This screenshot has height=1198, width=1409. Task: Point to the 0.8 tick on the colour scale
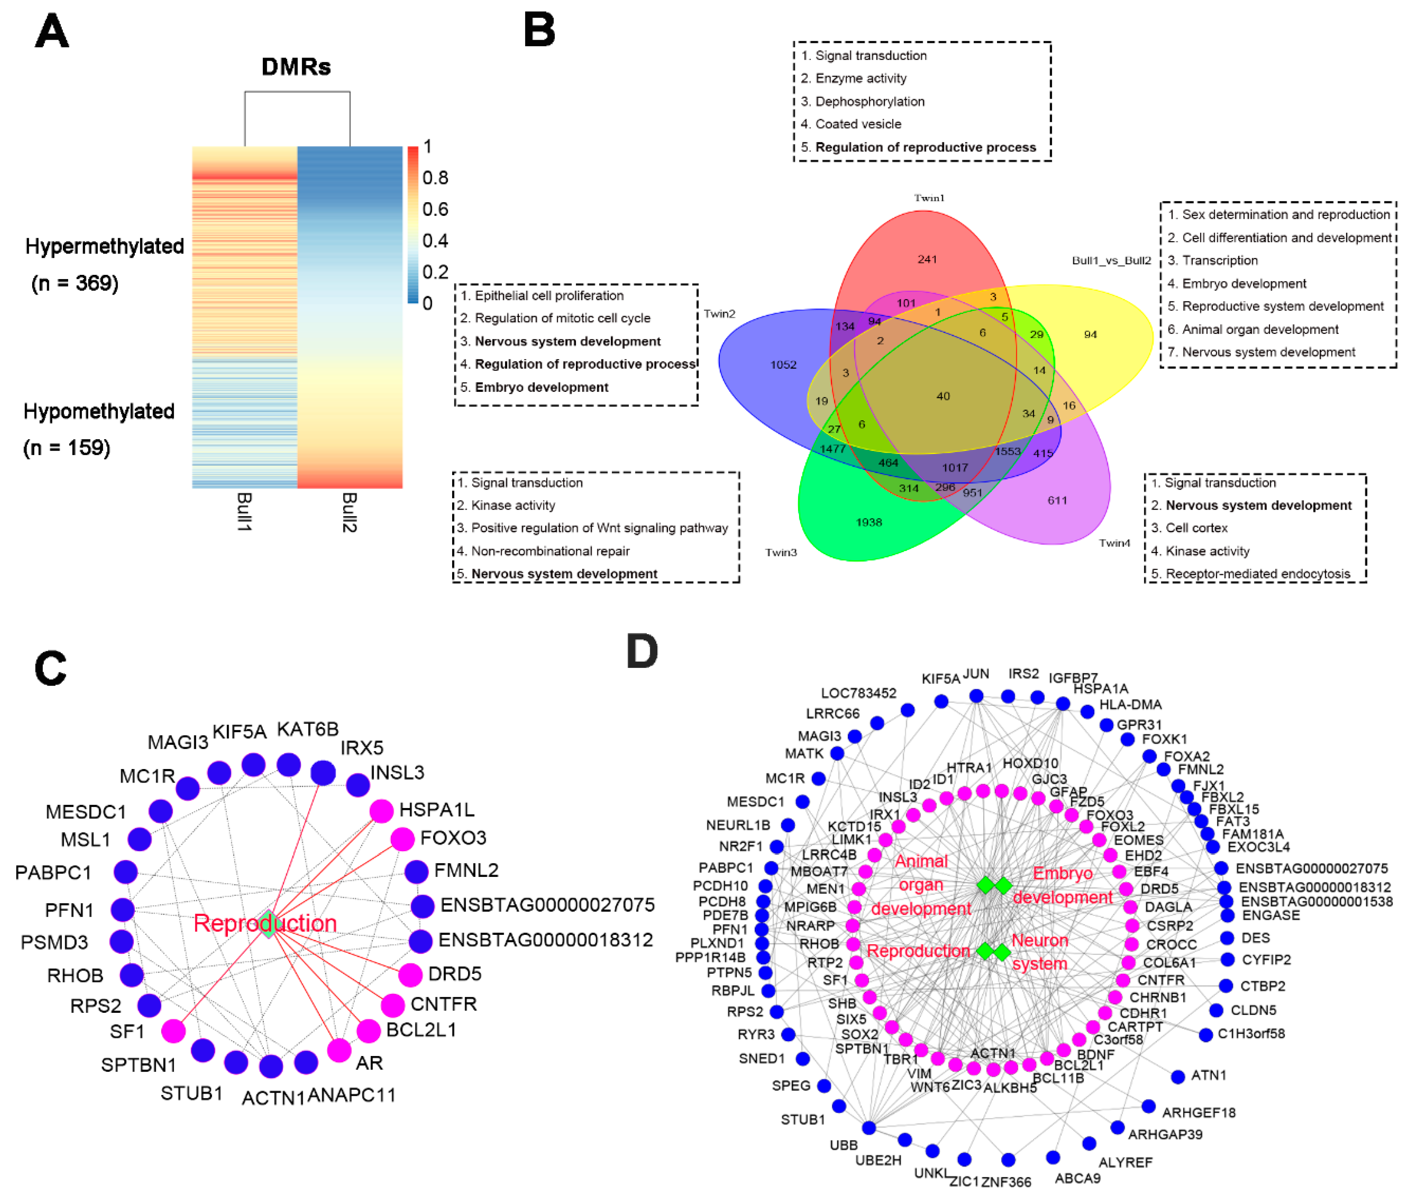pos(435,178)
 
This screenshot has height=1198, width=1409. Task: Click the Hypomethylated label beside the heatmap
pos(99,412)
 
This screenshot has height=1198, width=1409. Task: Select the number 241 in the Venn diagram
pos(927,259)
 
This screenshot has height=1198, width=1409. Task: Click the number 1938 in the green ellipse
pos(869,522)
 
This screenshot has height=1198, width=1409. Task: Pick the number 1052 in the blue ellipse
pos(783,365)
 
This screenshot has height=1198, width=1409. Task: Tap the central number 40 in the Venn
pos(942,396)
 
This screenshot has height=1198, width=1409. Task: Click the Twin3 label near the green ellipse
pos(781,552)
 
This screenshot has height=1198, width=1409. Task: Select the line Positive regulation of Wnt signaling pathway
pos(599,528)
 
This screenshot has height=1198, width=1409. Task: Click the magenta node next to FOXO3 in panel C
pos(403,839)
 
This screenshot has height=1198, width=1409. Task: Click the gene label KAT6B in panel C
pos(307,729)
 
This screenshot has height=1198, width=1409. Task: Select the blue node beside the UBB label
pos(869,1128)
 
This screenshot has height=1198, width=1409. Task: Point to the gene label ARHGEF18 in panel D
pos(1198,1112)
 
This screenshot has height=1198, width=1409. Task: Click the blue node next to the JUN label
pos(976,696)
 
